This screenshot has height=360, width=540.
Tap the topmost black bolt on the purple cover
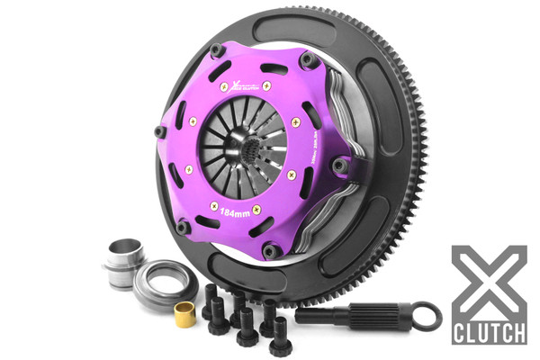click(x=216, y=50)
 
